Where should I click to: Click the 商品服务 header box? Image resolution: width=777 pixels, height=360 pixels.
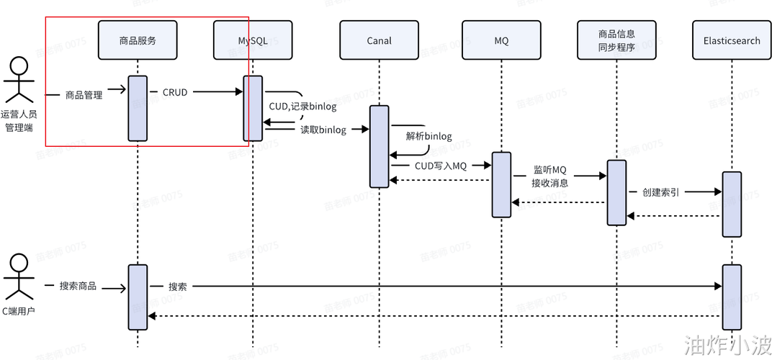(138, 40)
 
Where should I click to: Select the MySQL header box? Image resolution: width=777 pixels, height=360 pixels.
(253, 40)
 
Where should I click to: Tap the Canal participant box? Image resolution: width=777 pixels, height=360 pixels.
(379, 40)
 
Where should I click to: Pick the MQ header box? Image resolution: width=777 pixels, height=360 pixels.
(501, 40)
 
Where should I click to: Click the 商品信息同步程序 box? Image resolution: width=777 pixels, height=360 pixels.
(616, 40)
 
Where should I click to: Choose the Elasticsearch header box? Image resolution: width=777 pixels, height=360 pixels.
(732, 40)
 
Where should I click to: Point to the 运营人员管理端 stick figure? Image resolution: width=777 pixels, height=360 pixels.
(19, 81)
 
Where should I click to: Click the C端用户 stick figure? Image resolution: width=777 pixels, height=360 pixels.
(19, 276)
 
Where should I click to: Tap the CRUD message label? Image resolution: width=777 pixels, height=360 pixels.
(175, 92)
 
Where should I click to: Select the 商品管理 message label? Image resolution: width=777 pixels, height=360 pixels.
(84, 94)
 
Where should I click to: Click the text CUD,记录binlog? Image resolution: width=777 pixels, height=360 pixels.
(297, 107)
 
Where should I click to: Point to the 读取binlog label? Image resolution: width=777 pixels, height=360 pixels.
(323, 130)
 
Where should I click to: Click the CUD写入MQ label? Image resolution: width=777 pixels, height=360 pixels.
(441, 166)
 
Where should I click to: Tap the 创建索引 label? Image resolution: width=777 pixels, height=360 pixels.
(662, 192)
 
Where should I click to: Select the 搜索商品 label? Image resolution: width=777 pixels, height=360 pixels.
(78, 286)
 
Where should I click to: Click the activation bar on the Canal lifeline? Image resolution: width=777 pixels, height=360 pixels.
(379, 146)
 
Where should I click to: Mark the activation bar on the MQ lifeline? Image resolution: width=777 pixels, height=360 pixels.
(501, 184)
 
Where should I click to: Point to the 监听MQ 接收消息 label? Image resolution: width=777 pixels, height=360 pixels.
(550, 176)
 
